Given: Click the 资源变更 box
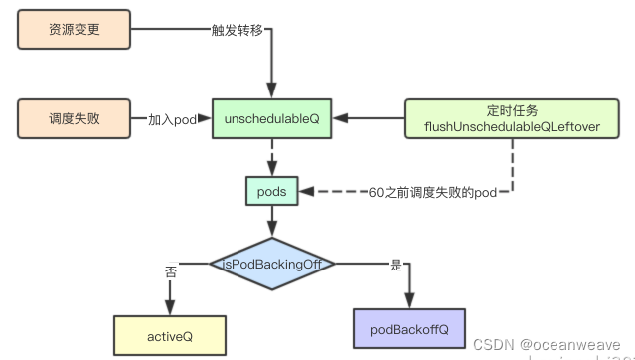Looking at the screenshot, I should [74, 30].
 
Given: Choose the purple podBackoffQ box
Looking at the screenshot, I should [408, 328].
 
